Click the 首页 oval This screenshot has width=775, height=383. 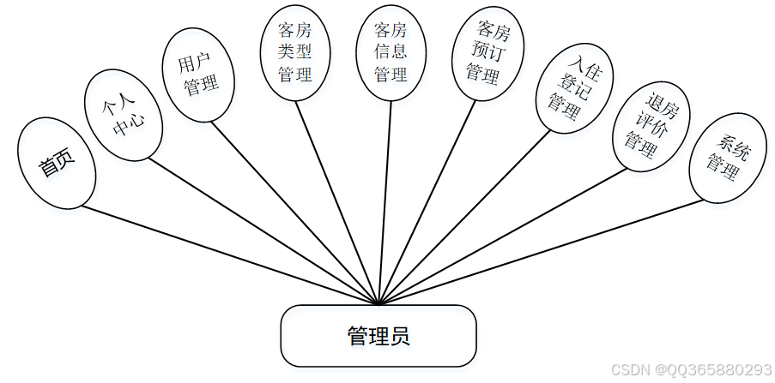(x=57, y=163)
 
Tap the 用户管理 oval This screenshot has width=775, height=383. (x=198, y=75)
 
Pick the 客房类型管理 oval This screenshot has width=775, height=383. (x=294, y=52)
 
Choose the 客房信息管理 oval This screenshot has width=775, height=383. (x=391, y=52)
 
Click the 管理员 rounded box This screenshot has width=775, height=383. (x=378, y=336)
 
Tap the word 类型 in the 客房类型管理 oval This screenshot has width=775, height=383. (x=294, y=52)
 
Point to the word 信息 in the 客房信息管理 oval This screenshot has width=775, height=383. (x=391, y=52)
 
